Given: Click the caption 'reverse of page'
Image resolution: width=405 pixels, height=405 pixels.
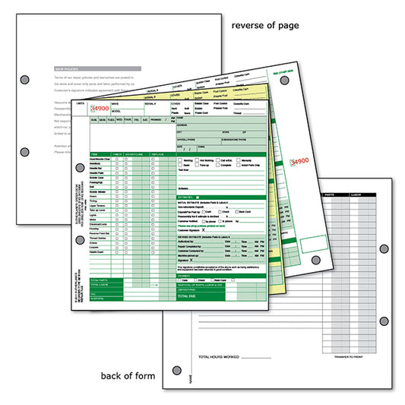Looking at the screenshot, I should coord(265,25).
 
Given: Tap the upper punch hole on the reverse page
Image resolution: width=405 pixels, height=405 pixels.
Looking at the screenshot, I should coord(25,79).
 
